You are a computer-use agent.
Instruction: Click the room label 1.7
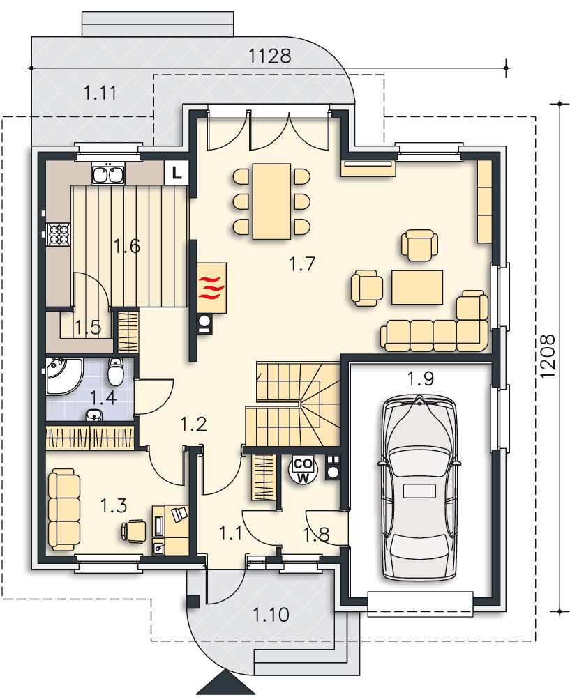[x=302, y=263]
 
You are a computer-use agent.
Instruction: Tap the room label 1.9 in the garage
[x=421, y=378]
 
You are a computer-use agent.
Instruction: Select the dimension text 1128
[x=269, y=56]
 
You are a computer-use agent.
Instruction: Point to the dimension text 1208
[x=548, y=356]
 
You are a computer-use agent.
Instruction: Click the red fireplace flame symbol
[x=211, y=288]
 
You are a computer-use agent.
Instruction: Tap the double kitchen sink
[x=107, y=174]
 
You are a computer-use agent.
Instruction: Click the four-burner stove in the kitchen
[x=59, y=233]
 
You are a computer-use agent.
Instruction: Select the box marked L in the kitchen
[x=177, y=172]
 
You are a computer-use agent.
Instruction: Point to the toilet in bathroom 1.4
[x=116, y=372]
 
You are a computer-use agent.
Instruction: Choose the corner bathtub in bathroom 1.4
[x=63, y=376]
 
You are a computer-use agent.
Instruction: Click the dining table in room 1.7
[x=271, y=201]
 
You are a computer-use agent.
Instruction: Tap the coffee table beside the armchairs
[x=417, y=287]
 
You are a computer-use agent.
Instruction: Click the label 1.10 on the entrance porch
[x=271, y=615]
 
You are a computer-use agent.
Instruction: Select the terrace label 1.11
[x=100, y=93]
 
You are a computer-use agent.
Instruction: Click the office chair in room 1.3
[x=133, y=530]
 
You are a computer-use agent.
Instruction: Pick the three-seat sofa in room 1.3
[x=64, y=510]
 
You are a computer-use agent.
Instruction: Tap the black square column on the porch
[x=193, y=602]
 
